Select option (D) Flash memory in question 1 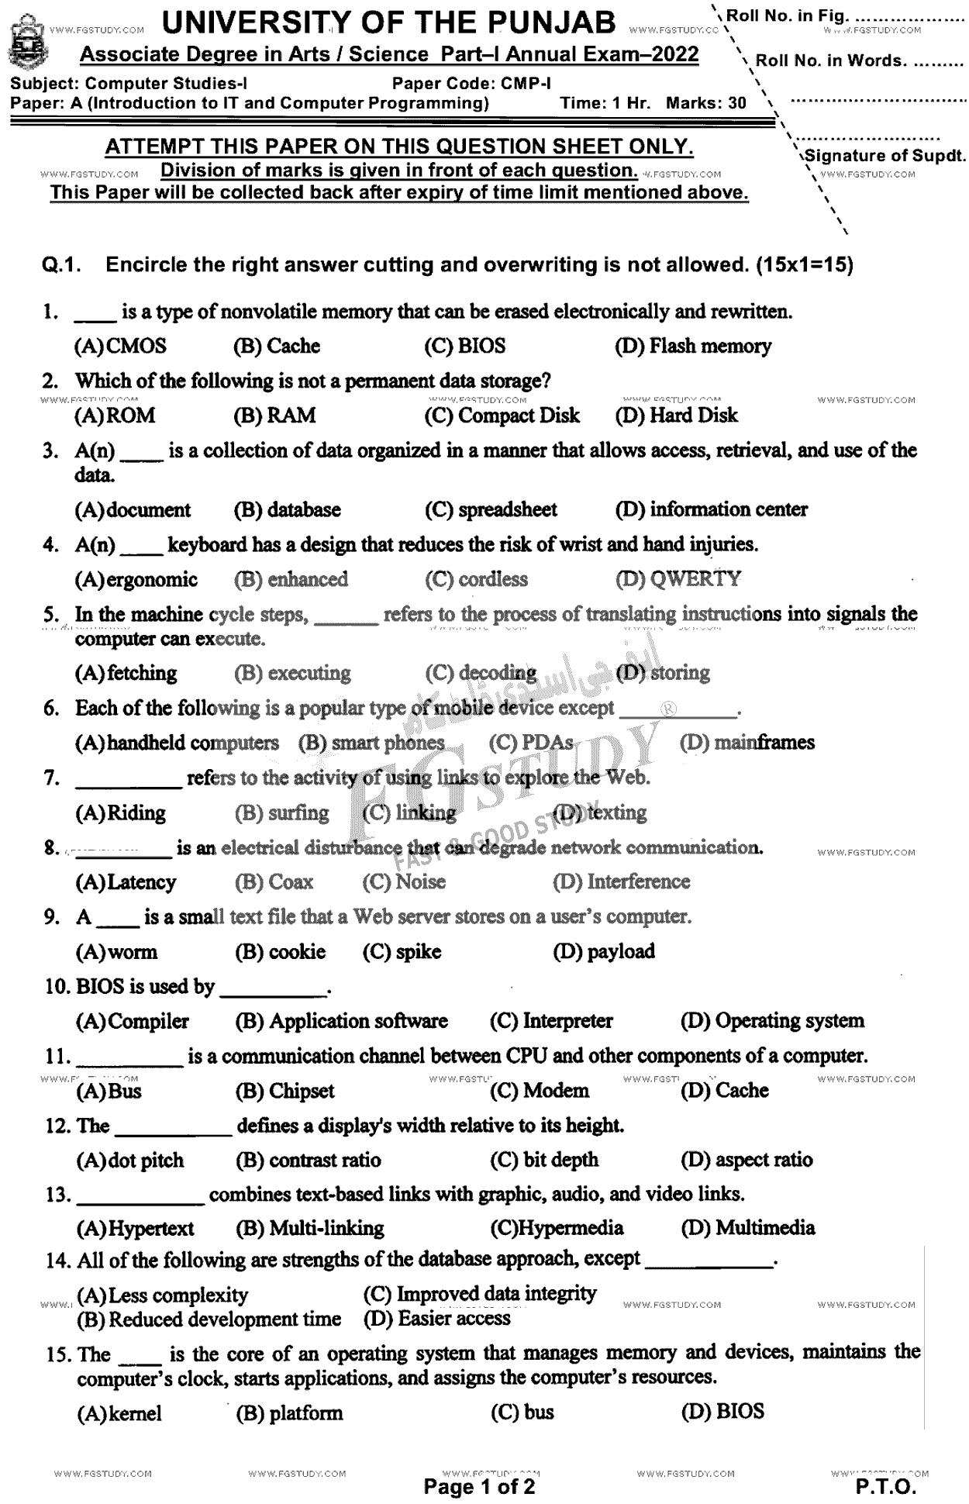(693, 347)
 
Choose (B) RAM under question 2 (274, 416)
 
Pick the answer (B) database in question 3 (287, 510)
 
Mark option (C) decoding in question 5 (481, 673)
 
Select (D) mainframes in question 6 (747, 743)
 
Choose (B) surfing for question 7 (282, 813)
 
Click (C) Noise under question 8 (404, 882)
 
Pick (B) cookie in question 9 (281, 952)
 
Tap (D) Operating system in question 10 (772, 1021)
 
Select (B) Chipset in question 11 (284, 1091)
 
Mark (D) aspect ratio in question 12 (747, 1161)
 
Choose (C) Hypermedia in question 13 (557, 1229)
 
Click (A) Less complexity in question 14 (162, 1295)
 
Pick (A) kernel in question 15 (119, 1413)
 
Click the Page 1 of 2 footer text (479, 1487)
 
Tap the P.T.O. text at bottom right (885, 1487)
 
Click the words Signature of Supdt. (885, 156)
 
